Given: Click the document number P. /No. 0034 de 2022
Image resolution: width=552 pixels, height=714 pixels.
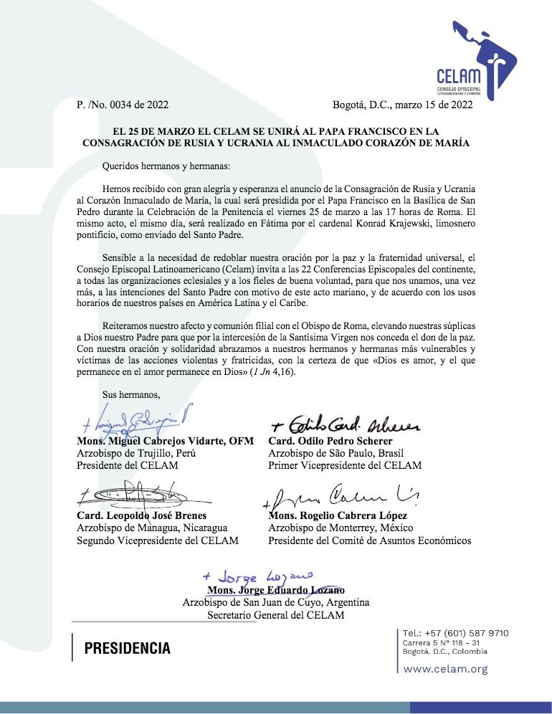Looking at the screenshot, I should pos(123,105).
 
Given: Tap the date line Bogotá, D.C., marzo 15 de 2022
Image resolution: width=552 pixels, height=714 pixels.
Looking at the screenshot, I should pos(402,105).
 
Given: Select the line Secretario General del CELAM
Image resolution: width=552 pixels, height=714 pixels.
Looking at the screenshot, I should pos(276,615).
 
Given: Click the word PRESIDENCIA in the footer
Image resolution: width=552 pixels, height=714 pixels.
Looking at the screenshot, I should pos(128,649).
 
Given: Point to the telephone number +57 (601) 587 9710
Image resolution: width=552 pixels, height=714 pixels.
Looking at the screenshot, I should pos(455,633).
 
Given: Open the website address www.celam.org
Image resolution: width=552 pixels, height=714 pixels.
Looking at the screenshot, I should pos(445,669).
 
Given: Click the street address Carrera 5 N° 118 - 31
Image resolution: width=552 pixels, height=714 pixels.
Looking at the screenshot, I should pos(441,642).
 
